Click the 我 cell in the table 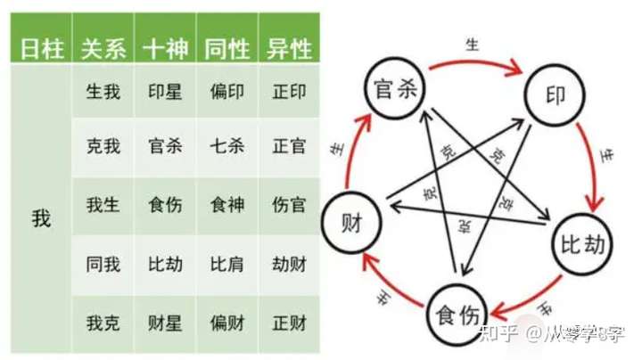tap(41, 218)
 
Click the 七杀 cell tap(226, 146)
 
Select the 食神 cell tap(226, 205)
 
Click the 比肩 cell tap(226, 265)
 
